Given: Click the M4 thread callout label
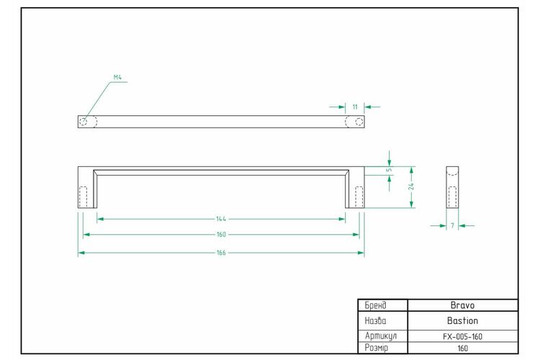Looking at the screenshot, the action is [117, 78].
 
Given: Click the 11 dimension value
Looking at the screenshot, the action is [355, 107].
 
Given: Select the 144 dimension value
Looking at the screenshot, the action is [221, 219].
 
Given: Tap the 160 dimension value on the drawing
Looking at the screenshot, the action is [221, 235].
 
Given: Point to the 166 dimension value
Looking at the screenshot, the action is [221, 253].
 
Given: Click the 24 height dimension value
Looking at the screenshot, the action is [411, 186].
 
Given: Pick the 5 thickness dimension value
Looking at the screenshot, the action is [389, 169].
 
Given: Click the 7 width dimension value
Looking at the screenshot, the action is [453, 225].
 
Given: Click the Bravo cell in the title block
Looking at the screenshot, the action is [462, 305].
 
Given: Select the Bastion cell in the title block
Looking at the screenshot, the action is [462, 320].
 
